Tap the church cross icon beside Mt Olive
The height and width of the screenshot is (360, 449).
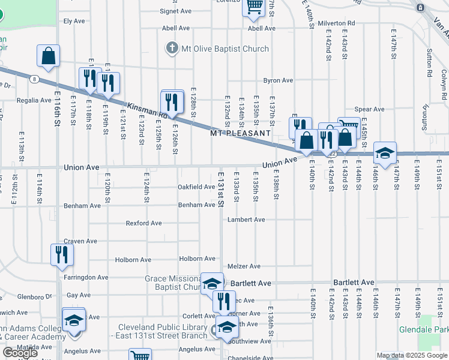pyautogui.click(x=172, y=48)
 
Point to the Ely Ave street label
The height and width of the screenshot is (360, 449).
pyautogui.click(x=74, y=21)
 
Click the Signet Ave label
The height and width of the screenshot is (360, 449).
pyautogui.click(x=176, y=11)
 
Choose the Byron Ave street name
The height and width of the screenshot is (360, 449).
pyautogui.click(x=279, y=80)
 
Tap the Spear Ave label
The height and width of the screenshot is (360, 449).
pyautogui.click(x=369, y=109)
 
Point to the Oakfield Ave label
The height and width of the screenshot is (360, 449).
pyautogui.click(x=196, y=187)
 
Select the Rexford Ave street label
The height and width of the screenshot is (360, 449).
pyautogui.click(x=144, y=223)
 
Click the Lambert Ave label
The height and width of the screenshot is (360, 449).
pyautogui.click(x=246, y=220)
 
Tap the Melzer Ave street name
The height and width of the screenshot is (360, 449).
pyautogui.click(x=244, y=266)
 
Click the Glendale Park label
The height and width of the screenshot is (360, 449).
pyautogui.click(x=423, y=330)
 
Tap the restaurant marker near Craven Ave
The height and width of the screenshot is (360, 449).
pyautogui.click(x=62, y=255)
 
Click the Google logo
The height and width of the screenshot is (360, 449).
pyautogui.click(x=20, y=353)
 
